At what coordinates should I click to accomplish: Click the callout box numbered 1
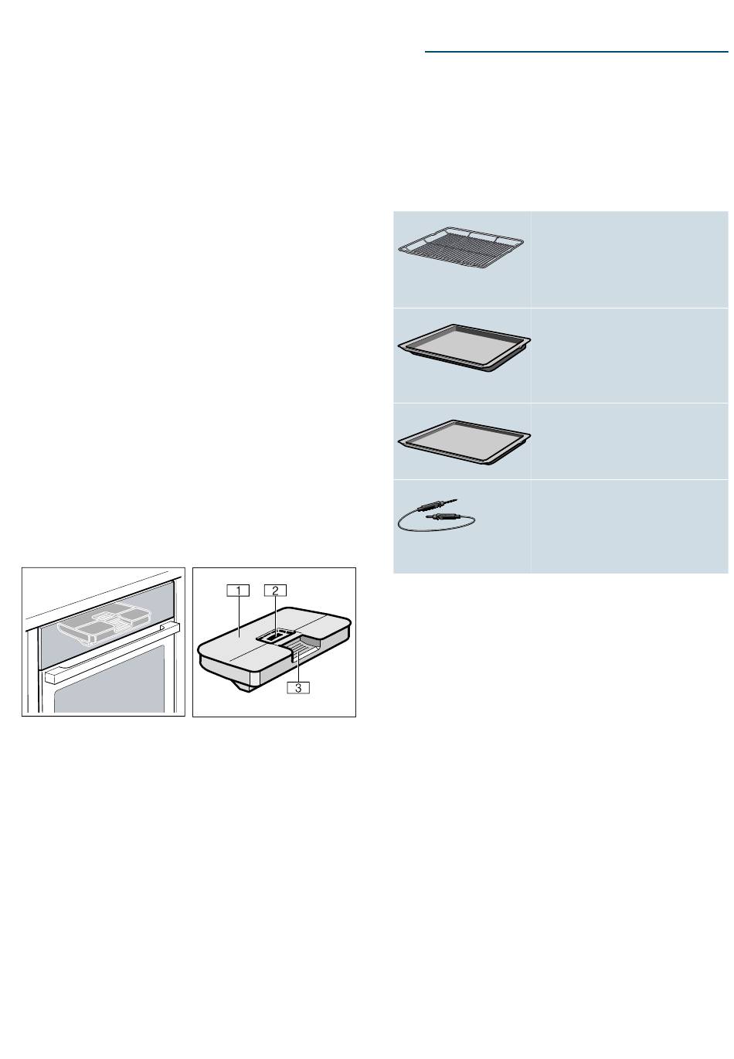pyautogui.click(x=238, y=591)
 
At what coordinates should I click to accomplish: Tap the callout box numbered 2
pyautogui.click(x=275, y=591)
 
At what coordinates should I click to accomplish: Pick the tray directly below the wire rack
pyautogui.click(x=464, y=348)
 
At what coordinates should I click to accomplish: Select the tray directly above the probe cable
pyautogui.click(x=464, y=442)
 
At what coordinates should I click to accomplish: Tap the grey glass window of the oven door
pyautogui.click(x=110, y=679)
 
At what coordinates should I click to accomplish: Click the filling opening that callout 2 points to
pyautogui.click(x=276, y=635)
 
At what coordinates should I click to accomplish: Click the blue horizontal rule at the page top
pyautogui.click(x=576, y=52)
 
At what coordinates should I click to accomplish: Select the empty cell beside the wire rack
pyautogui.click(x=629, y=259)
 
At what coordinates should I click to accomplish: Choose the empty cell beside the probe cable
pyautogui.click(x=629, y=526)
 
